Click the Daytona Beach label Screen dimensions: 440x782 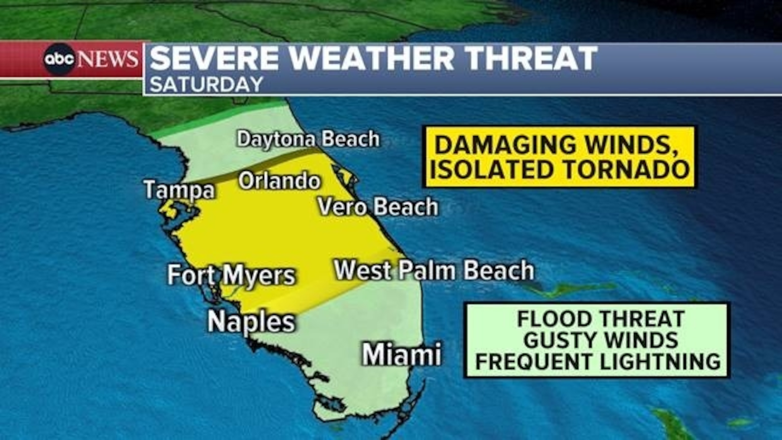pyautogui.click(x=308, y=139)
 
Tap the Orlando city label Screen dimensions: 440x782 pyautogui.click(x=279, y=181)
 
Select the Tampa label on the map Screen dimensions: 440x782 pyautogui.click(x=179, y=190)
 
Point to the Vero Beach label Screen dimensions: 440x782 pyautogui.click(x=377, y=207)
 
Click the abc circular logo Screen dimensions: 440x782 pyautogui.click(x=59, y=59)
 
